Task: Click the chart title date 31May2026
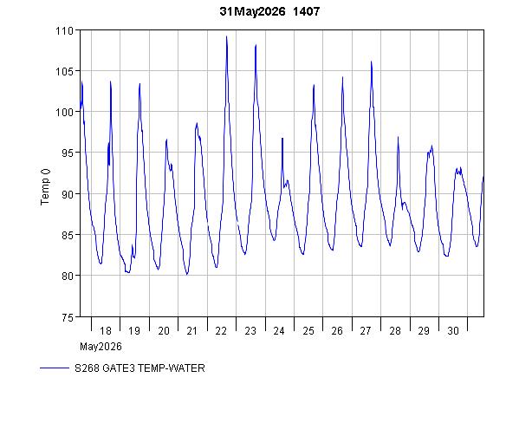click(252, 11)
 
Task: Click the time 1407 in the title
click(306, 11)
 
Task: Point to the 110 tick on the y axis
click(64, 30)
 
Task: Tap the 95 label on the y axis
click(68, 153)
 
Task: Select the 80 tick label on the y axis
click(68, 276)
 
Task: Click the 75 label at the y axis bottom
click(68, 317)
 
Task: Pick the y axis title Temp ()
click(45, 186)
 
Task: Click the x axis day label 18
click(106, 330)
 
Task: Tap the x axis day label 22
click(221, 330)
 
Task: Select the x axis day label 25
click(308, 330)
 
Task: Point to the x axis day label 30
click(453, 330)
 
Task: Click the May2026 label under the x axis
click(101, 347)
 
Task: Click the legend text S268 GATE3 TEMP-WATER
click(139, 368)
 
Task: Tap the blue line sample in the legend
click(55, 368)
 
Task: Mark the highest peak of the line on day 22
click(226, 36)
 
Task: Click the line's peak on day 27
click(371, 62)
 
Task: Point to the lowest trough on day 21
click(187, 275)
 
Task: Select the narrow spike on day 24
click(282, 138)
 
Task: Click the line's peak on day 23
click(256, 45)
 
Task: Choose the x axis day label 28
click(395, 330)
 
